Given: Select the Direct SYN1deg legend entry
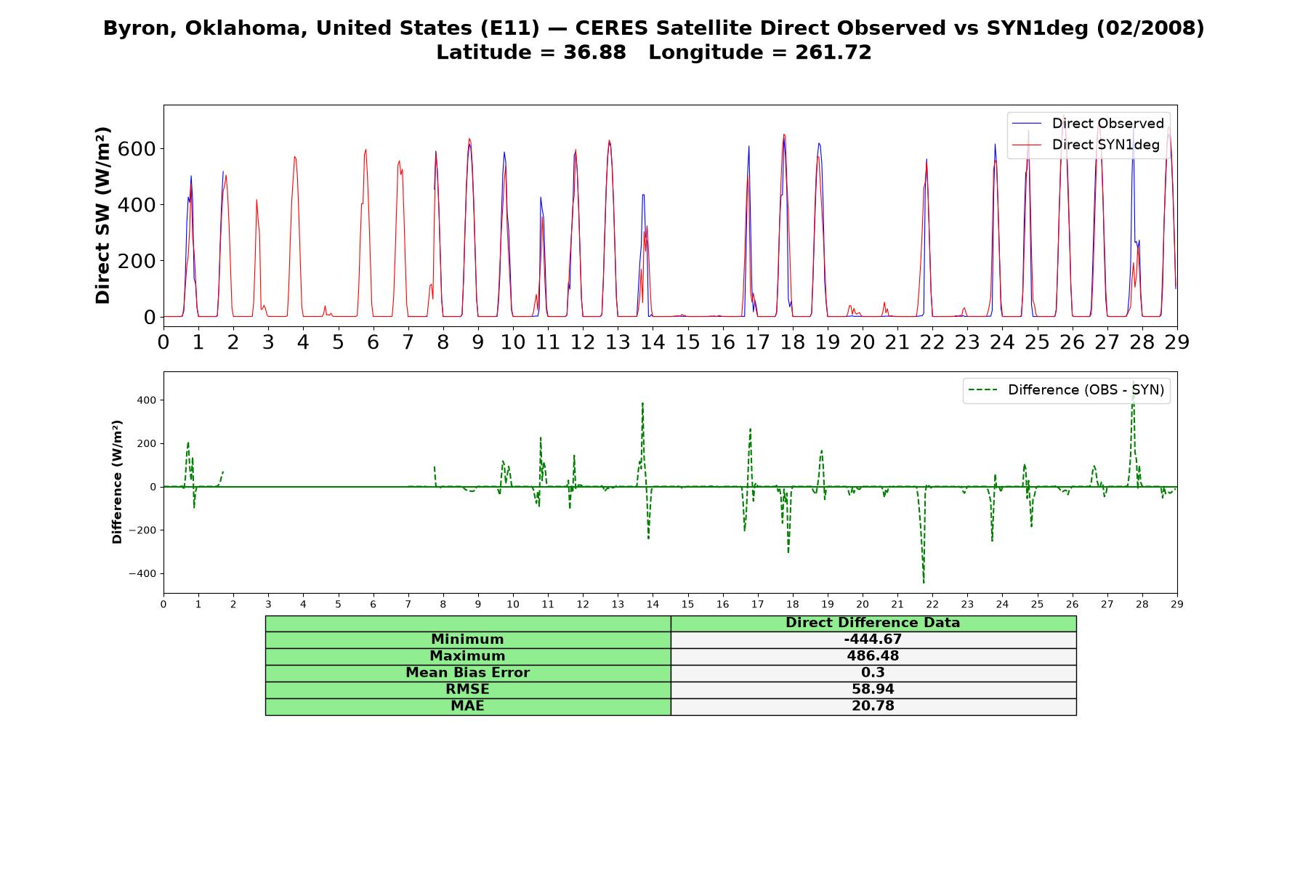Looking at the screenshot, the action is (x=1086, y=145).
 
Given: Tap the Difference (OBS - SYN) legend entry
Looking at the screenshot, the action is (x=1067, y=390).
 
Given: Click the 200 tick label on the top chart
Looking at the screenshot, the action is (x=137, y=261).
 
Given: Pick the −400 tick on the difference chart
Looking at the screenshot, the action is (x=143, y=574).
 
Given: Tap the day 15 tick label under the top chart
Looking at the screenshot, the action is (x=687, y=342).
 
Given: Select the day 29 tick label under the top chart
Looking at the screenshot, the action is (x=1176, y=342).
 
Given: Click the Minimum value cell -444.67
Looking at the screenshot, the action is (x=873, y=639).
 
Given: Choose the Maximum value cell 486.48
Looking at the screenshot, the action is (x=873, y=656).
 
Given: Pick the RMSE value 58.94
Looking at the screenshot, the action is (x=873, y=690).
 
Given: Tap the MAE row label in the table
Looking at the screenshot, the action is (x=467, y=706).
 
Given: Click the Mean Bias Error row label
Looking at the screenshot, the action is (x=467, y=673).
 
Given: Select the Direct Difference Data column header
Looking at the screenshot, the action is (x=873, y=623).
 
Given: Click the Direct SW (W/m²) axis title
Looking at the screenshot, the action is (x=102, y=215).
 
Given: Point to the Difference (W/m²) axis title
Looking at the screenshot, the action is (x=117, y=482).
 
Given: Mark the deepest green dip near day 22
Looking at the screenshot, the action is (x=924, y=582).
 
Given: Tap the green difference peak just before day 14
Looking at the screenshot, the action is (x=642, y=403).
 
